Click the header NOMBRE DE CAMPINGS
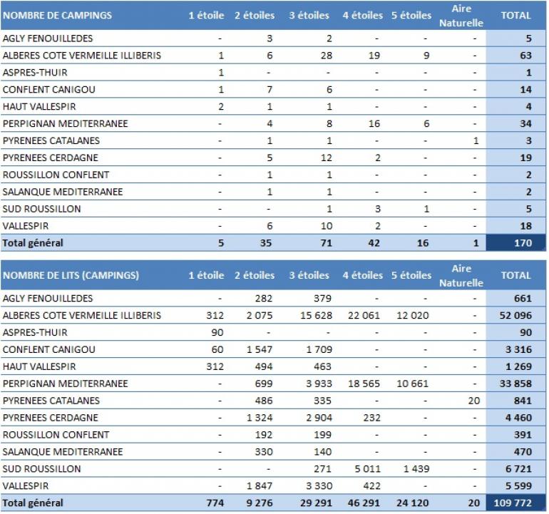[57, 15]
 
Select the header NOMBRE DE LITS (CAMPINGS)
[71, 275]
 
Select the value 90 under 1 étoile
[217, 333]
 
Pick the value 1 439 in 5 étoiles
[415, 469]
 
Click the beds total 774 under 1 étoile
[214, 503]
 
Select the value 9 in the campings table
[426, 56]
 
